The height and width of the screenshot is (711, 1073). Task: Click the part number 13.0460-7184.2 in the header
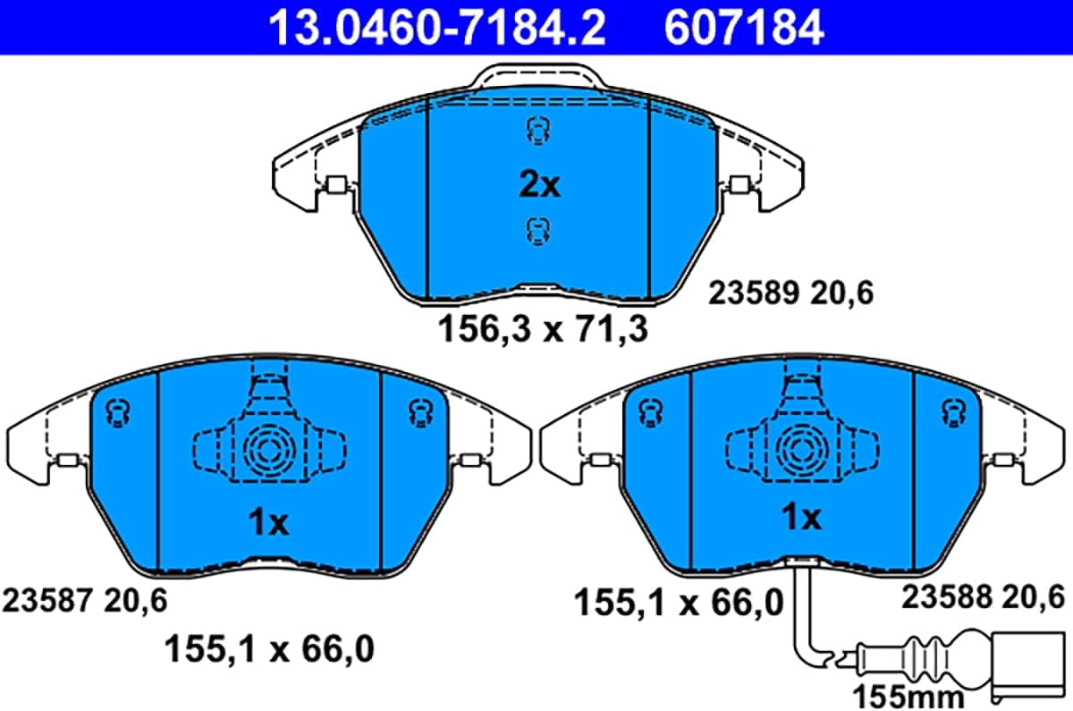pyautogui.click(x=437, y=29)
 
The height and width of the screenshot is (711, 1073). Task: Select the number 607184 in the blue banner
pyautogui.click(x=744, y=29)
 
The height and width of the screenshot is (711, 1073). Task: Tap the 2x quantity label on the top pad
pyautogui.click(x=539, y=185)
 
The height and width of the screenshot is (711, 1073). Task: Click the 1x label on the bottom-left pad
pyautogui.click(x=268, y=522)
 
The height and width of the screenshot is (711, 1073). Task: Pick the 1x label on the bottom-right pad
pyautogui.click(x=801, y=517)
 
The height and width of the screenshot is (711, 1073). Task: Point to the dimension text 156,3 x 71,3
pyautogui.click(x=543, y=329)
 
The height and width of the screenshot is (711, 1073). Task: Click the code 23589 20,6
pyautogui.click(x=790, y=292)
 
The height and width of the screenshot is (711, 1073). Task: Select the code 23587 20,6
pyautogui.click(x=85, y=600)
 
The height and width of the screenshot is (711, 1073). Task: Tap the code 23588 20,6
pyautogui.click(x=983, y=597)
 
